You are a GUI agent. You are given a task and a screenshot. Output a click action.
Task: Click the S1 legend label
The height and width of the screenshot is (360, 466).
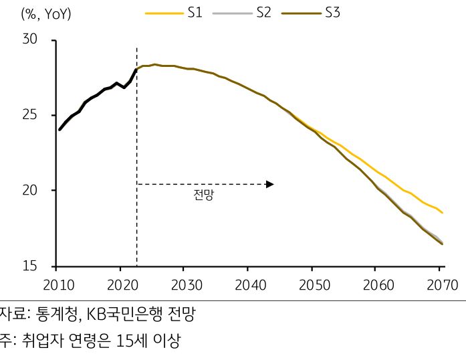point(195,12)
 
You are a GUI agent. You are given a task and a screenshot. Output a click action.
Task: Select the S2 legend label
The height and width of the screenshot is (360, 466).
point(263,12)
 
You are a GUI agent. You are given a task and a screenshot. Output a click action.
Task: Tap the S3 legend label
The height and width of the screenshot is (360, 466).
point(332,12)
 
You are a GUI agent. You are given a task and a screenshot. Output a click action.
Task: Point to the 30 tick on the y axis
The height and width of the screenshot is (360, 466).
point(30,40)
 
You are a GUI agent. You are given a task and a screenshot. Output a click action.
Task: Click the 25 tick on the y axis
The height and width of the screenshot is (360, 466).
point(30,116)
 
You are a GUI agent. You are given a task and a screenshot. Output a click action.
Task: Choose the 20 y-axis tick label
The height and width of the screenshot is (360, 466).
point(30,191)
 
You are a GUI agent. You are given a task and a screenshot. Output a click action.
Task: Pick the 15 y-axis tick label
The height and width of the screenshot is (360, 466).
point(30,266)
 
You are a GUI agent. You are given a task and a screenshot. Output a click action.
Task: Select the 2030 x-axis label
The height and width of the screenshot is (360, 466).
point(187,284)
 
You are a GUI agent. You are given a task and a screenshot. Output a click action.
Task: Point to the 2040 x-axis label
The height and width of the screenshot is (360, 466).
point(251,284)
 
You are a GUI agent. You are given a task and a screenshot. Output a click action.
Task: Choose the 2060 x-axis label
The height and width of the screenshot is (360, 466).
point(379,284)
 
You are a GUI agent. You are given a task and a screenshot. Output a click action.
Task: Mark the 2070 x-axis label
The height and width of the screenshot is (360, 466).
point(441,284)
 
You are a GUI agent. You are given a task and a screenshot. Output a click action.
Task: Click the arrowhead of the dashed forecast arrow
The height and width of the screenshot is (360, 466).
point(270,184)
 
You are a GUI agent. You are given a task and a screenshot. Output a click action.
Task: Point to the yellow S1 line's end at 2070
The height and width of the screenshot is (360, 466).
point(442,213)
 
